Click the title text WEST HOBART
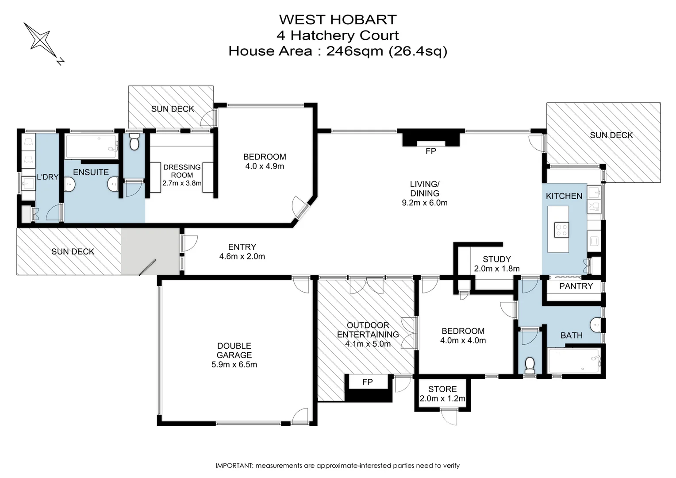click(x=338, y=19)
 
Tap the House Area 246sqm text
click(x=338, y=51)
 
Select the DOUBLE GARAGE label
click(x=234, y=351)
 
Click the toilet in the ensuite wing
click(x=134, y=143)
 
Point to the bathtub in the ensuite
click(x=92, y=147)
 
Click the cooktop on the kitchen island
click(x=561, y=230)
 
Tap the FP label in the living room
click(x=430, y=151)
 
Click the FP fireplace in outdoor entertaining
click(x=368, y=382)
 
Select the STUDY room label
click(x=496, y=259)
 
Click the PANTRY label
click(x=576, y=286)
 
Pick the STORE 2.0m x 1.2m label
click(x=442, y=394)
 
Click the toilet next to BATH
click(x=530, y=366)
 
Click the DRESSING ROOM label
click(x=182, y=171)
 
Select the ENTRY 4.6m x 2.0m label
click(x=242, y=251)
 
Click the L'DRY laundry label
click(x=47, y=177)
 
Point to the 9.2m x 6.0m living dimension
click(x=424, y=203)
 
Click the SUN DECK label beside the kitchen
click(x=611, y=135)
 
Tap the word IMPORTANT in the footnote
click(x=234, y=466)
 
